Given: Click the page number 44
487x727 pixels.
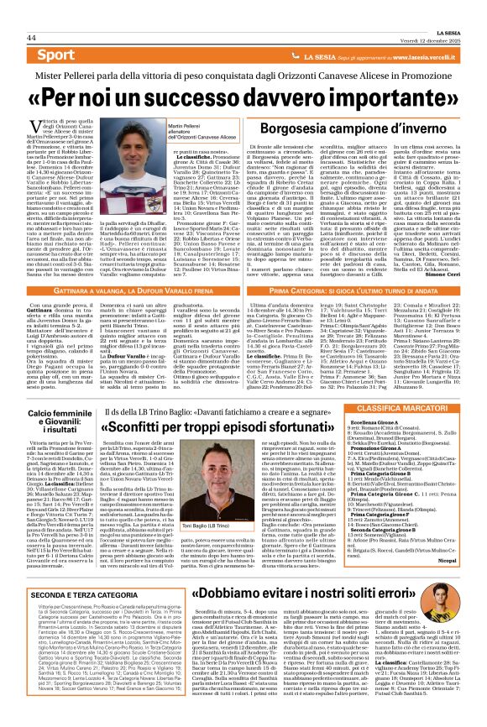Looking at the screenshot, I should [x=31, y=38].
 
